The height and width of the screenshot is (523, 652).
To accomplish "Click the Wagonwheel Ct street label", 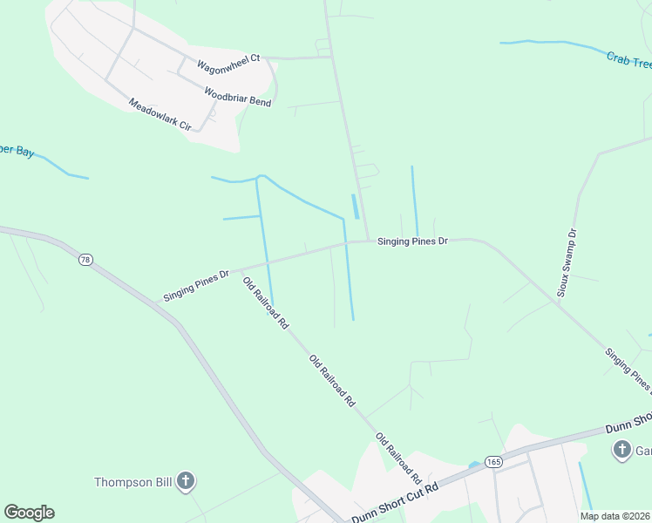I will click(x=228, y=64).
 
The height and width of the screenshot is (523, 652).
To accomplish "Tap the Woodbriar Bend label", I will click(x=237, y=97).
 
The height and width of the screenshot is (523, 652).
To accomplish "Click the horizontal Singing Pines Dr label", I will click(x=412, y=241).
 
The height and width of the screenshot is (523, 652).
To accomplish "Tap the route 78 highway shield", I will click(x=85, y=260).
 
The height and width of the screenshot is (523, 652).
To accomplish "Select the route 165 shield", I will click(x=494, y=462).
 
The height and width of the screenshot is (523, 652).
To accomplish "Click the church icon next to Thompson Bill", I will click(x=185, y=480).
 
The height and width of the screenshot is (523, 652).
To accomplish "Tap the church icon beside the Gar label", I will click(x=621, y=450).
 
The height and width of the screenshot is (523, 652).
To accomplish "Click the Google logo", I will click(x=29, y=513).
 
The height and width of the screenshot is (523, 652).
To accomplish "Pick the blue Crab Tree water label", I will click(x=628, y=61).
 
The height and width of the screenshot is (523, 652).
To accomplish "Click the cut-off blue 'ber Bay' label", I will click(x=17, y=152).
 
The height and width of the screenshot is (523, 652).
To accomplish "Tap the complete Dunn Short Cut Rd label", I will click(x=395, y=504).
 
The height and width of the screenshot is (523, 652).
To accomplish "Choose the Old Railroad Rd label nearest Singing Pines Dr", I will click(x=265, y=302).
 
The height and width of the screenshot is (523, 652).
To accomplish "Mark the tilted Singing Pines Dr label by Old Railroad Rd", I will click(x=196, y=286).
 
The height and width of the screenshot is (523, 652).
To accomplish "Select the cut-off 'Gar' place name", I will click(x=642, y=451).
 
